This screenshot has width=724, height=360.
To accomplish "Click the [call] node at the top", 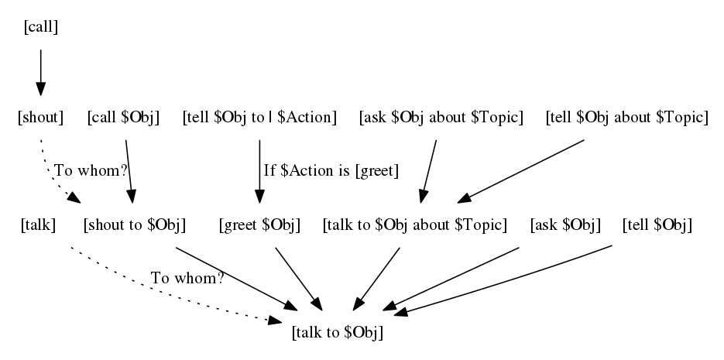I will [x=41, y=28].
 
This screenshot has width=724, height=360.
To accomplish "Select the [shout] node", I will [x=39, y=118].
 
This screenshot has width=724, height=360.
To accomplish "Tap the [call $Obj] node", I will [x=123, y=118].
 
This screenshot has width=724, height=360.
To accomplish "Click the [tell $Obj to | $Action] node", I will [x=259, y=118].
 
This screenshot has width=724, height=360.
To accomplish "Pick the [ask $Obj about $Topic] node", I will [x=441, y=118].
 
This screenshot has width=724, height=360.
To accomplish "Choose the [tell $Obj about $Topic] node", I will [x=626, y=118].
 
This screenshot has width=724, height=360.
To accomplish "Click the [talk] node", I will [x=38, y=225].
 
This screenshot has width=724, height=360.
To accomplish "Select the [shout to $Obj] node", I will [x=134, y=225].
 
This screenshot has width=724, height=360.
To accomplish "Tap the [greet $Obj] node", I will [x=259, y=225].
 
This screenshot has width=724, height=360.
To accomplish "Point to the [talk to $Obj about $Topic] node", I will [x=414, y=225].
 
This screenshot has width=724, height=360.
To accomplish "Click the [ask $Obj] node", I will [x=565, y=225].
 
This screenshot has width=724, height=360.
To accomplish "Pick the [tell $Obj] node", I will [x=657, y=225].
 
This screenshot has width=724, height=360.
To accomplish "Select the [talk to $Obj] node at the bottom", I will [x=338, y=333].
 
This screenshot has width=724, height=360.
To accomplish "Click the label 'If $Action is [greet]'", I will [x=331, y=171].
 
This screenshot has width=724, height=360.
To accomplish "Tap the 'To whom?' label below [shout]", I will [x=90, y=170].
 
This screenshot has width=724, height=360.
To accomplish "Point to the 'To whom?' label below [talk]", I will [x=187, y=278].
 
